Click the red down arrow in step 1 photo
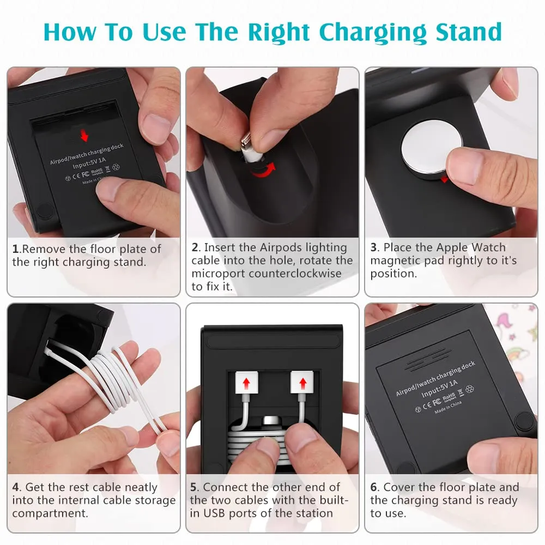point(84,135)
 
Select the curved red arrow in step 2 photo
point(264,169)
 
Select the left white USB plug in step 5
point(246,383)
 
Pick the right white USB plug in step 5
point(302,383)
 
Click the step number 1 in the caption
point(15,249)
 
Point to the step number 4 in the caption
point(16,487)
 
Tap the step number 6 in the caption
point(374,487)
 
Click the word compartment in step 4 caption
point(50,514)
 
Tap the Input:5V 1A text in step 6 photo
point(440,389)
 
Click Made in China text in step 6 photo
point(448,407)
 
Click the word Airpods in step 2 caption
point(281,247)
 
